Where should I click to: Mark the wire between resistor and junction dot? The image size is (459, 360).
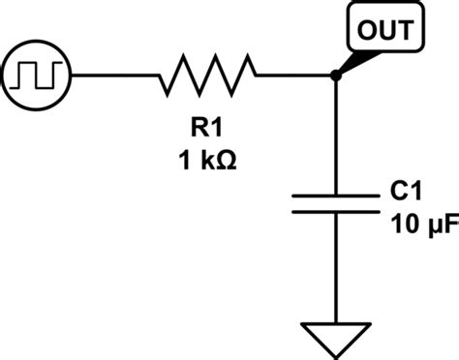(x=295, y=75)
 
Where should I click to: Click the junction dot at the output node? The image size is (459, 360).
(x=334, y=75)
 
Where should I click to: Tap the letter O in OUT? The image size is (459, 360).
(x=369, y=30)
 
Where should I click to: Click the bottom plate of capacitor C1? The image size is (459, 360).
(x=334, y=211)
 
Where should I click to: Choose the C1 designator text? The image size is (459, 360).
(x=402, y=194)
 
